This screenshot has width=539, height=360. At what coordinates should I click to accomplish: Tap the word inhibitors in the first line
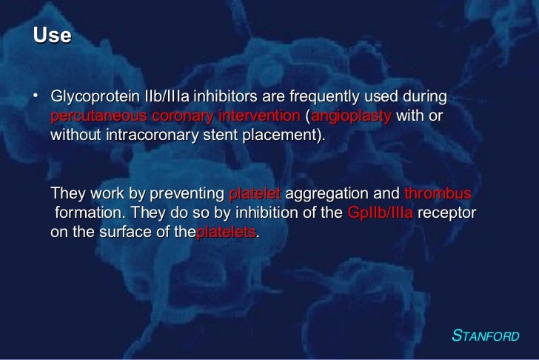pyautogui.click(x=222, y=100)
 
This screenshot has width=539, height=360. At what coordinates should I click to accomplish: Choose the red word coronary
pyautogui.click(x=183, y=119)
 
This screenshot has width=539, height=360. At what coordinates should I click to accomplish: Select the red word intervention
pyautogui.click(x=258, y=119)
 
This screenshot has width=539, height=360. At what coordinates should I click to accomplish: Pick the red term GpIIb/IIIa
pyautogui.click(x=380, y=214)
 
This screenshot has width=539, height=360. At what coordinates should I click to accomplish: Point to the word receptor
pyautogui.click(x=447, y=214)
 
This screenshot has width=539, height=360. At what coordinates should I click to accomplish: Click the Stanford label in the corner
pyautogui.click(x=486, y=336)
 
